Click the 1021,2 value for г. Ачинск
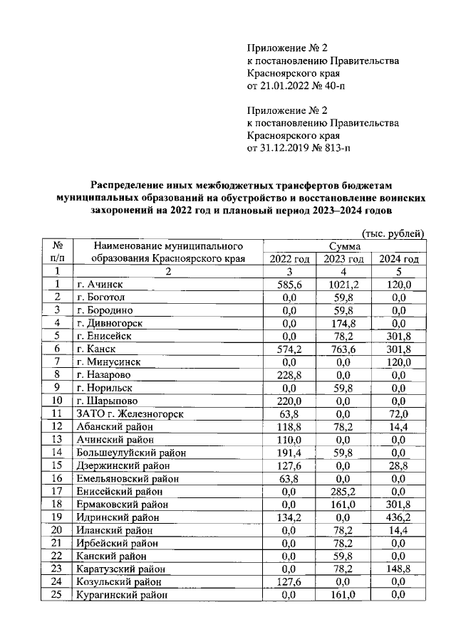343,284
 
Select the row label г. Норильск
106,388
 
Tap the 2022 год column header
289,258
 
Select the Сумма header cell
343,246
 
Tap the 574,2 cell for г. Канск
289,349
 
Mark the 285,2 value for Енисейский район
343,491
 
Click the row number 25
59,595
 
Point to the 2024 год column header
398,258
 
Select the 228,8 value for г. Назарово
289,374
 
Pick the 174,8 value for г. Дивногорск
343,323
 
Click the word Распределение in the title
133,181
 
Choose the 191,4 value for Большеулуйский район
289,453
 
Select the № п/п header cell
59,252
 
